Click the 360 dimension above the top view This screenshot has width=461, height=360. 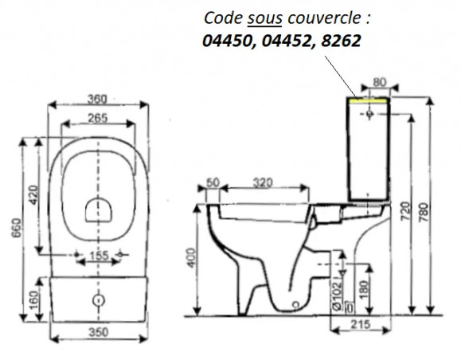(x=97, y=100)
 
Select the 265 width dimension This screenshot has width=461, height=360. (x=98, y=118)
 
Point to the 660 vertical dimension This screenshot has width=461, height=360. (x=17, y=228)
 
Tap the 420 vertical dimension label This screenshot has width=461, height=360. (x=33, y=194)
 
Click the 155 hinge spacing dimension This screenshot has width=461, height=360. (x=99, y=256)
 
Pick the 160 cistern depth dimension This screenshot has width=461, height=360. (x=34, y=300)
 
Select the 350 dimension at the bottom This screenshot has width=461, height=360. (x=99, y=332)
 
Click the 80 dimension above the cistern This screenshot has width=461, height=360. (x=380, y=82)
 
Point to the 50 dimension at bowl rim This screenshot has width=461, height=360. (x=213, y=182)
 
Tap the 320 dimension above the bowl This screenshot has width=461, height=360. (x=263, y=183)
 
